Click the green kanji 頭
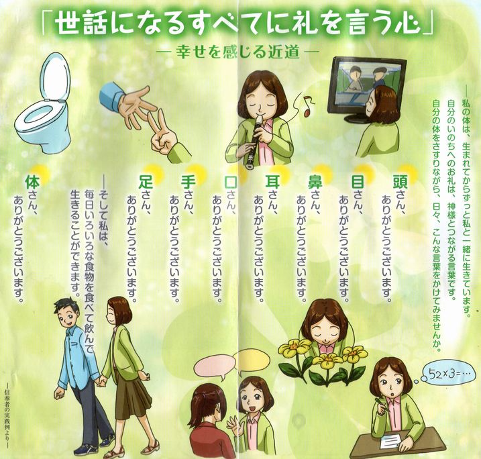pos(400,182)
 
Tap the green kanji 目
pos(358,182)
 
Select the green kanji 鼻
pos(315,183)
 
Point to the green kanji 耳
pos(272,182)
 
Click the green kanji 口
pos(230,182)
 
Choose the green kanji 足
pos(146,182)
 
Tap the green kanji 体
pos(32,183)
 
